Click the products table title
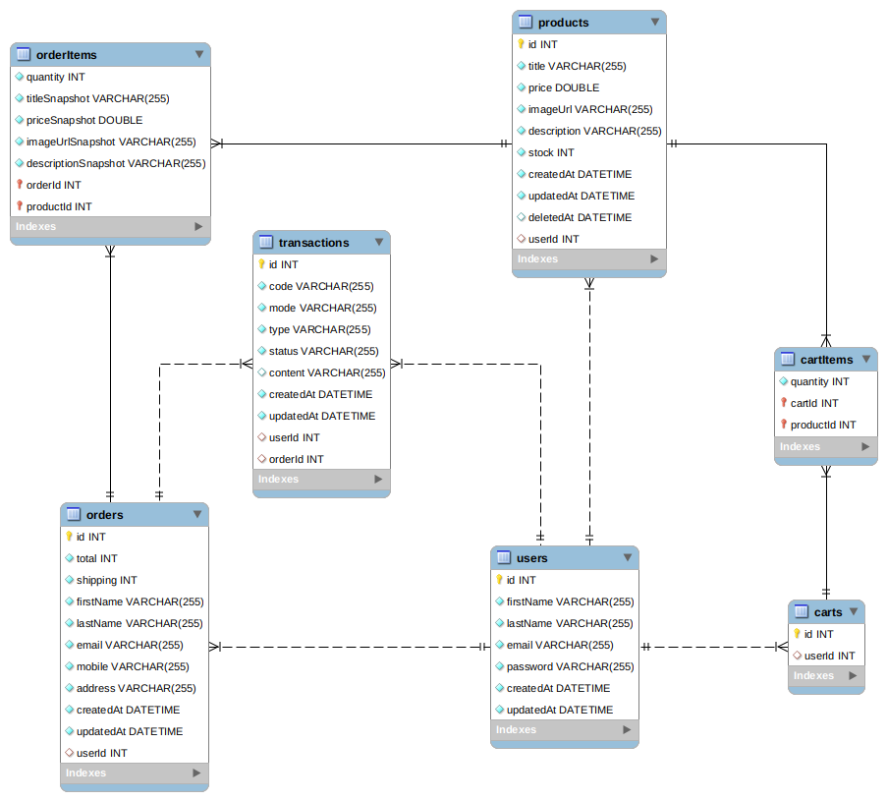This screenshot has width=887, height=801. coord(564,22)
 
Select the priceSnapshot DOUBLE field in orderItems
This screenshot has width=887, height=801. coord(83,120)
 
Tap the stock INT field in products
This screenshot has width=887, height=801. coord(551,152)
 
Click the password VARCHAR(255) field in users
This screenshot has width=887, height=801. coord(570,666)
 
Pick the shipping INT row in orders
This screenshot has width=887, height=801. coord(106,580)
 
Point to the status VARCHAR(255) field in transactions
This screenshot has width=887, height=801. coord(323,351)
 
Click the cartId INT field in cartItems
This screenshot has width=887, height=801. coord(814,403)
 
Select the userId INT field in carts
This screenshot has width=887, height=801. coord(829,656)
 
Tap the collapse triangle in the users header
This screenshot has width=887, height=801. coord(628,558)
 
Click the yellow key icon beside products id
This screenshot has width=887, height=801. coord(521,44)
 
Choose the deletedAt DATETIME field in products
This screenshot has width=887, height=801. coord(580,217)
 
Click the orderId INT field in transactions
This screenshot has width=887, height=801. coord(296,459)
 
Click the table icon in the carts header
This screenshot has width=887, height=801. coord(802,612)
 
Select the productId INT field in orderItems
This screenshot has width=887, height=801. coord(59,206)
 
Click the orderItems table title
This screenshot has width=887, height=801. coord(67,54)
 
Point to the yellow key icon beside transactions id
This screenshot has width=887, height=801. coord(261,264)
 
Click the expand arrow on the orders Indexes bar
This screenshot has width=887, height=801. coord(197,773)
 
